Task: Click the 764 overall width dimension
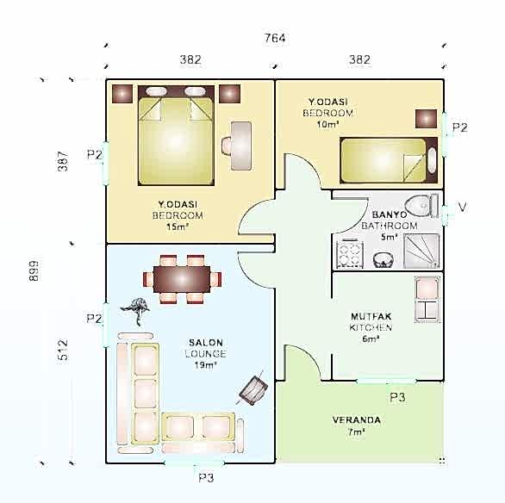[275, 38]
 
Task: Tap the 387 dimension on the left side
[63, 161]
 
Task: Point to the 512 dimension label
[63, 350]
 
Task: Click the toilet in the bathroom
[421, 205]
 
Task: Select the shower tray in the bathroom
[421, 251]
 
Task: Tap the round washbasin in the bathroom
[383, 260]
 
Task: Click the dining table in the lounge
[182, 279]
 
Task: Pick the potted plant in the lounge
[136, 310]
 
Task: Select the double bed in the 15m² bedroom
[176, 135]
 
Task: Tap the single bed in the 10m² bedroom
[389, 160]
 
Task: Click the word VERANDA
[357, 420]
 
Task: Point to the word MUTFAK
[371, 316]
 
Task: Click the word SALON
[206, 343]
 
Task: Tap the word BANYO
[389, 214]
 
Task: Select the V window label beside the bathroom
[462, 207]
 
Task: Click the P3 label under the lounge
[206, 477]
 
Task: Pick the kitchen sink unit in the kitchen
[427, 299]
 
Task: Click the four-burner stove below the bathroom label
[350, 254]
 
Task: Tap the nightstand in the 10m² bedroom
[426, 119]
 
